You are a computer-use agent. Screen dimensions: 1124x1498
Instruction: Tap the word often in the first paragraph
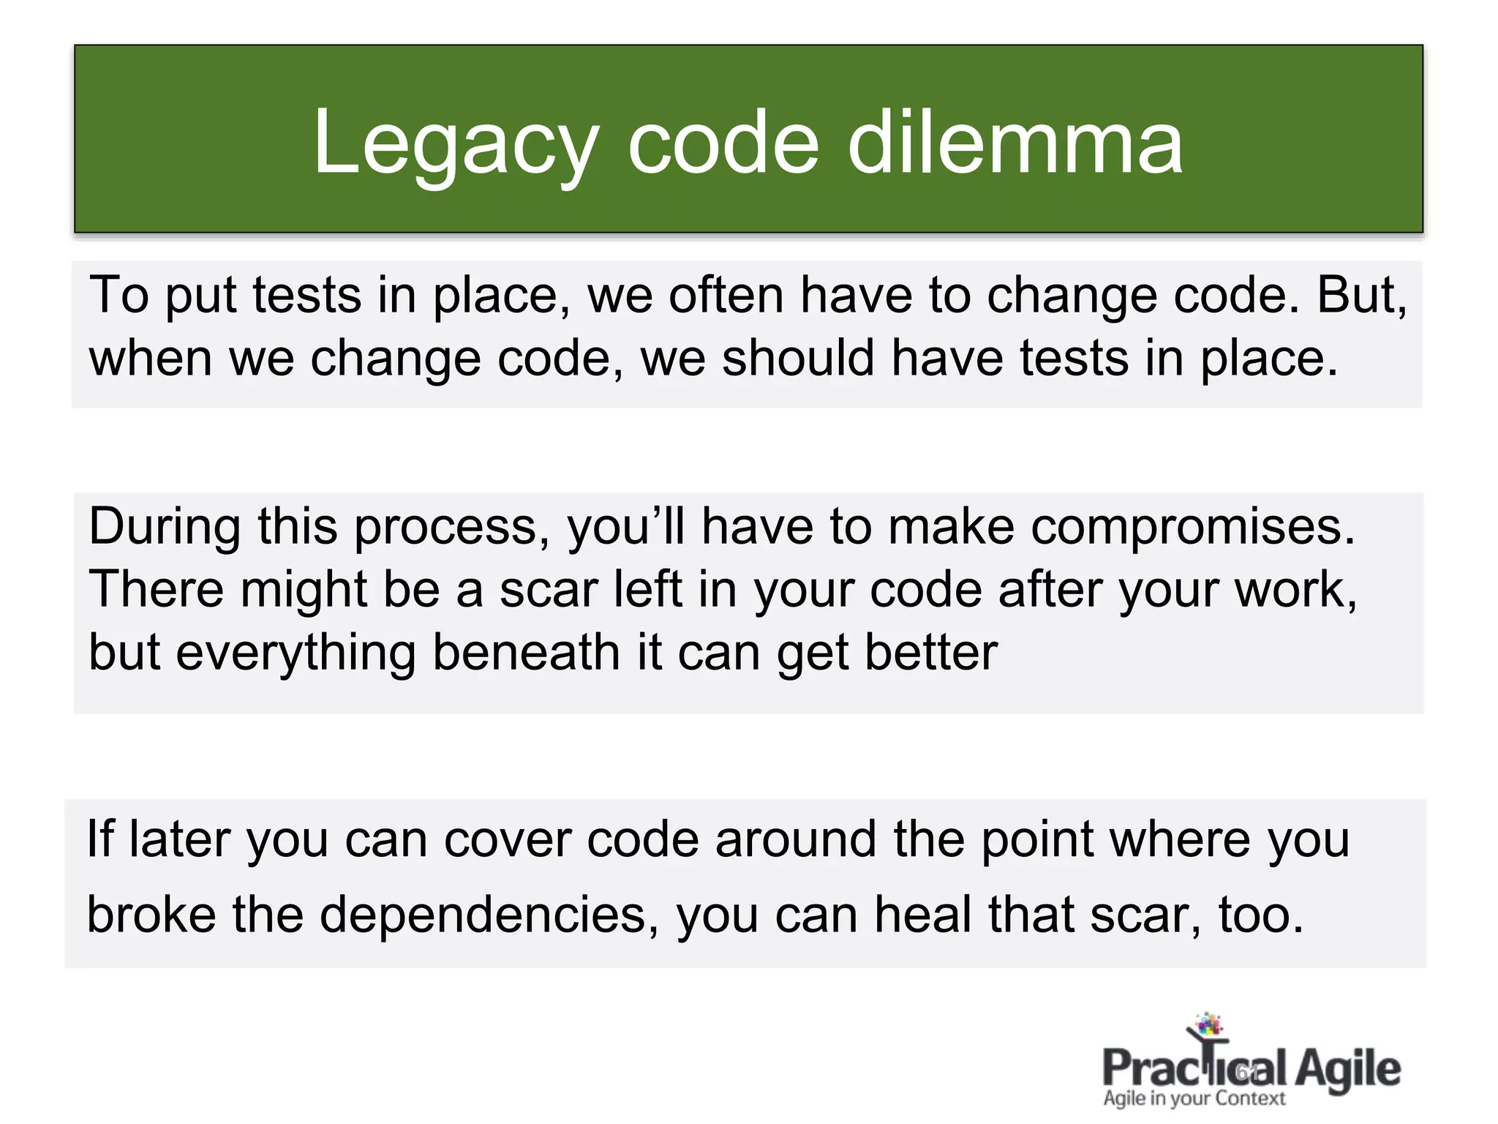[726, 296]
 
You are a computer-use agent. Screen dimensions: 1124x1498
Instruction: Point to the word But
[1361, 296]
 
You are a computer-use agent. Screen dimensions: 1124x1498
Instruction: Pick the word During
[165, 527]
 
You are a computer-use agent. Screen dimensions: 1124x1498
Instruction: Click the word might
[303, 589]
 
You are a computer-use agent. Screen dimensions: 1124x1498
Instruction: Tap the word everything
[296, 653]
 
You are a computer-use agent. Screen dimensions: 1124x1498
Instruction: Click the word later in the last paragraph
[179, 839]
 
